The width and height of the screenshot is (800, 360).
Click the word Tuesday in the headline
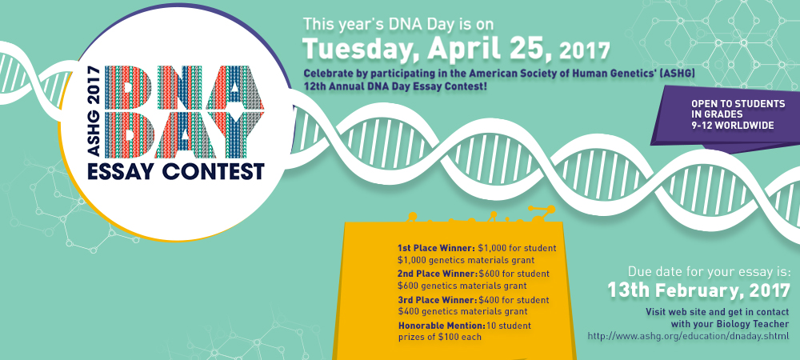[362, 49]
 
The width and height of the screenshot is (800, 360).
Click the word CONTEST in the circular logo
[214, 171]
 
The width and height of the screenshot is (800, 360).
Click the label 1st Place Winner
[436, 248]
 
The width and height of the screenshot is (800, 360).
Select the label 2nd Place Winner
[438, 274]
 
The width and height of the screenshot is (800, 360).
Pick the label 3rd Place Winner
[438, 299]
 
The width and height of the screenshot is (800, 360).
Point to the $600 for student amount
[514, 274]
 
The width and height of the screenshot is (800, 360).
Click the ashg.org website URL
[688, 336]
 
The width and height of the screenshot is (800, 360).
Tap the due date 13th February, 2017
[698, 290]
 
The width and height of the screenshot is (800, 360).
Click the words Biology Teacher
[747, 324]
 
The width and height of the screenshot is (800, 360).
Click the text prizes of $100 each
[440, 337]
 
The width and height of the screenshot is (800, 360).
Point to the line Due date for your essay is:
[709, 270]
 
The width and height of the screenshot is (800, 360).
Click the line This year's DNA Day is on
[398, 24]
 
